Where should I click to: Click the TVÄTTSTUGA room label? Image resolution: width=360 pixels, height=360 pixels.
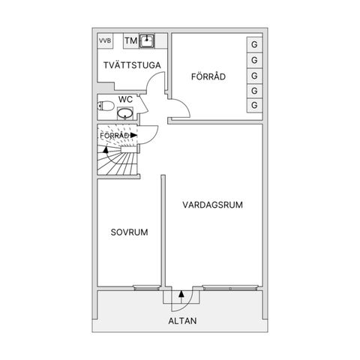[x=132, y=65]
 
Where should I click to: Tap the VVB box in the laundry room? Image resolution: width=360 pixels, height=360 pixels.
[x=105, y=40]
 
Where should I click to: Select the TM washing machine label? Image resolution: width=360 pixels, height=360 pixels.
[x=131, y=40]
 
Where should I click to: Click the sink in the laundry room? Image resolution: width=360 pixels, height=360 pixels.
[x=147, y=41]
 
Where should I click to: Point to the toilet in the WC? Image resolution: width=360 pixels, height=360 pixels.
[x=106, y=106]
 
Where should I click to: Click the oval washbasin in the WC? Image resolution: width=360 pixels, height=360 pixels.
[x=125, y=113]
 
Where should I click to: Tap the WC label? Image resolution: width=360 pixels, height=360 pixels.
[x=125, y=99]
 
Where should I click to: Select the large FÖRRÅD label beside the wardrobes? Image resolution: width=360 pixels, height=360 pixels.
[x=208, y=76]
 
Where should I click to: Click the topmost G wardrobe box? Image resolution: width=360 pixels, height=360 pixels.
[x=254, y=45]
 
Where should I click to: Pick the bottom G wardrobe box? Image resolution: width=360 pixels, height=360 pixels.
[x=254, y=105]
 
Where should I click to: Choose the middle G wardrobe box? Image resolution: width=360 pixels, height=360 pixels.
[x=254, y=76]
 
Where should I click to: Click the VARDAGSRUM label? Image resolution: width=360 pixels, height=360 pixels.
[x=212, y=205]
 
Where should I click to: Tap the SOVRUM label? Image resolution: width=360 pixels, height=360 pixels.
[x=129, y=232]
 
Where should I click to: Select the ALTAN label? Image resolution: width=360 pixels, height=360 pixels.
[x=182, y=321]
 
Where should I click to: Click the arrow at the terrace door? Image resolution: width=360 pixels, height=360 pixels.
[x=181, y=297]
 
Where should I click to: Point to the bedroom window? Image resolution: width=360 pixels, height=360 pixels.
[x=147, y=287]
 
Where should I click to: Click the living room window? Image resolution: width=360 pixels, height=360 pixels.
[x=230, y=287]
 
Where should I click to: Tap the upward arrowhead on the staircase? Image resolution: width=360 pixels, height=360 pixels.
[x=106, y=149]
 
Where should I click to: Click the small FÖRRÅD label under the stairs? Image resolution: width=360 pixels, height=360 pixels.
[x=115, y=136]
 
